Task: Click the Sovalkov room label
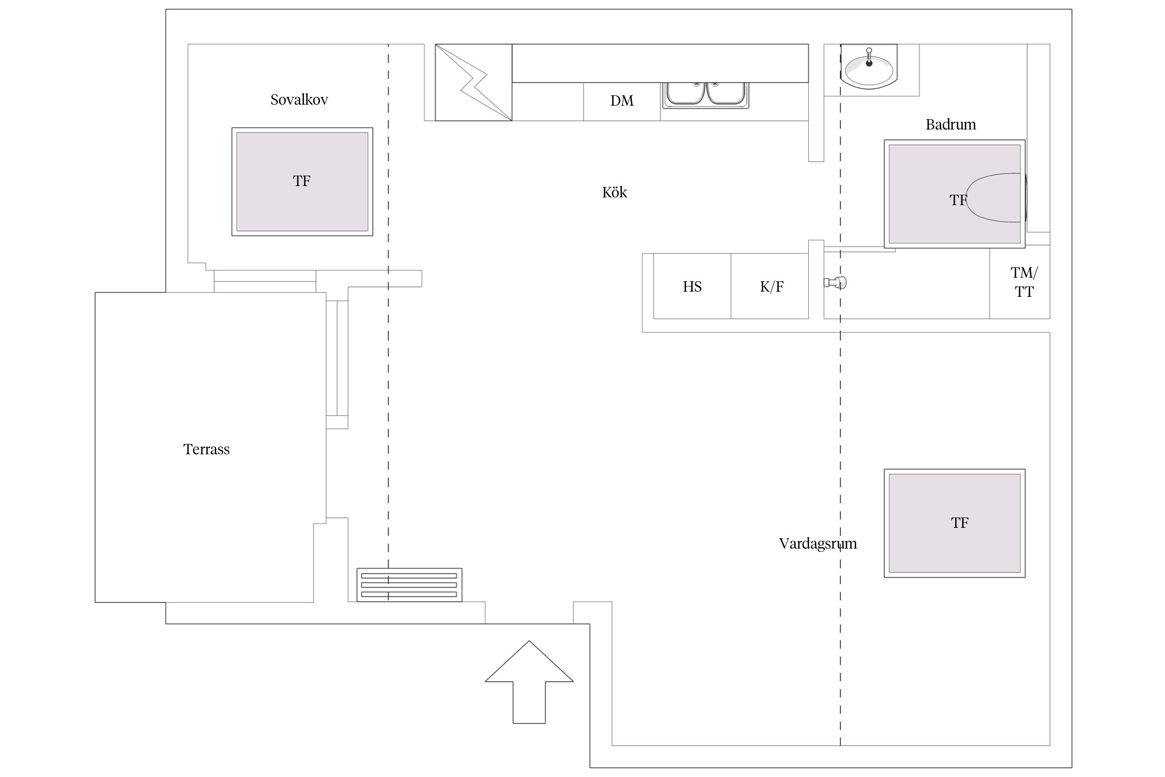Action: (299, 99)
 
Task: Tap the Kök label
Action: (614, 193)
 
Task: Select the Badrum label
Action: (950, 124)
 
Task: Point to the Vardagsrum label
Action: (818, 543)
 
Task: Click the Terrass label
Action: (206, 449)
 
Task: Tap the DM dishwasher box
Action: (621, 101)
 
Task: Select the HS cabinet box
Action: (692, 286)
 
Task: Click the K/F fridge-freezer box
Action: (770, 286)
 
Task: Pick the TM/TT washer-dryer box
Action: (1020, 282)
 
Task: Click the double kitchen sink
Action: (705, 94)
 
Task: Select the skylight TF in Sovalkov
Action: (302, 181)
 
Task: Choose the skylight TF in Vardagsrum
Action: (954, 523)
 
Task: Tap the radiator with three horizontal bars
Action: (409, 585)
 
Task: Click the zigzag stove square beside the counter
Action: (473, 82)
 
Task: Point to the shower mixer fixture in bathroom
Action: (835, 283)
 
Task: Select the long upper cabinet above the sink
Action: (660, 63)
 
